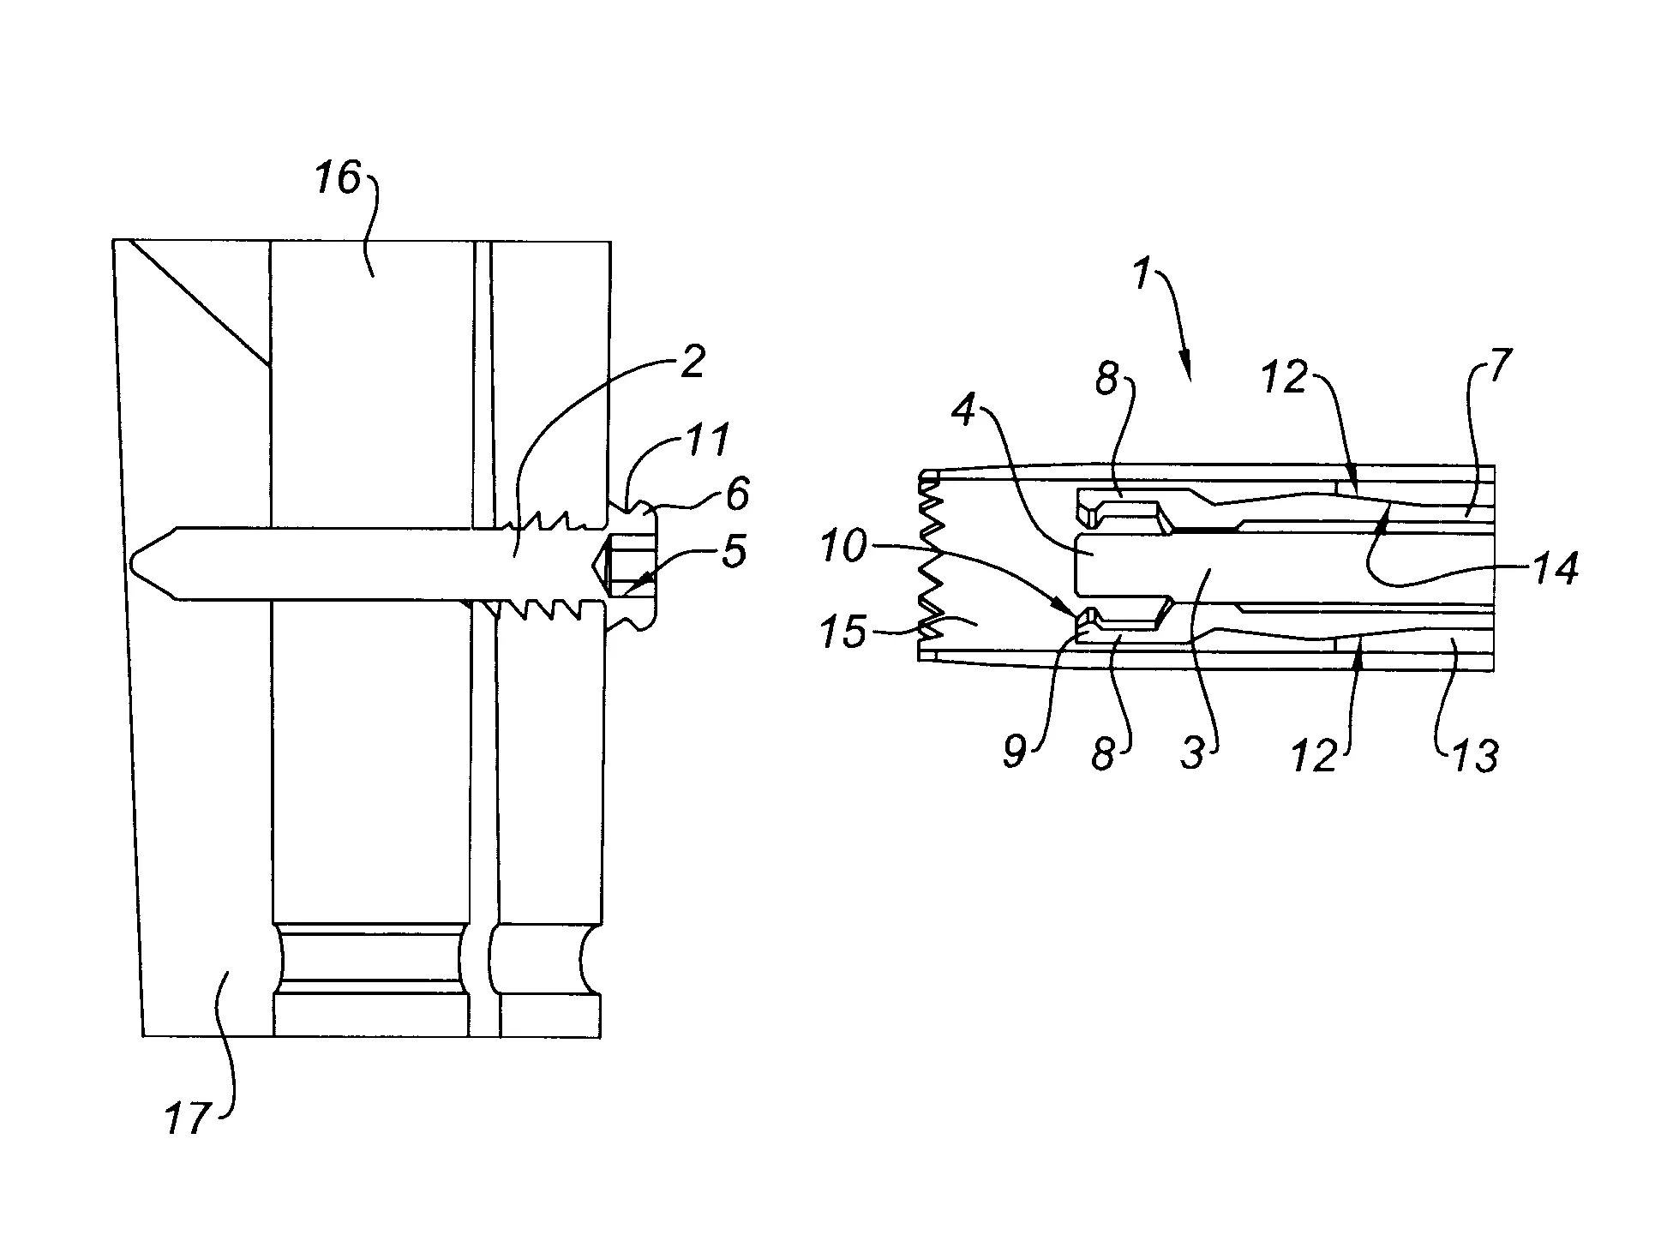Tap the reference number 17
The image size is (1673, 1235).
187,1118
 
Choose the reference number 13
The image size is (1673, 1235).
1475,756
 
